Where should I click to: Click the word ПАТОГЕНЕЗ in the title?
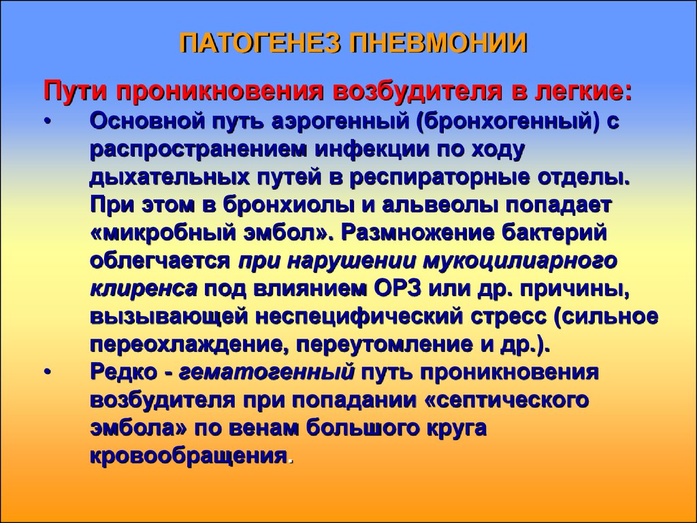pyautogui.click(x=261, y=43)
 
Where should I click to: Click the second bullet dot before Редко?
pyautogui.click(x=48, y=373)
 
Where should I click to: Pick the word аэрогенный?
pyautogui.click(x=341, y=122)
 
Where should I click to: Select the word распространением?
pyautogui.click(x=199, y=150)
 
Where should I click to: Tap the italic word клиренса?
pyautogui.click(x=143, y=289)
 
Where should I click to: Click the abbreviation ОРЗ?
pyautogui.click(x=398, y=289)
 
